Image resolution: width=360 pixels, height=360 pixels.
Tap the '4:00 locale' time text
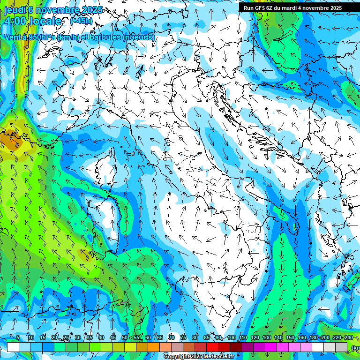(32, 21)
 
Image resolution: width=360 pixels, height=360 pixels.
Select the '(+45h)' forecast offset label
(82, 21)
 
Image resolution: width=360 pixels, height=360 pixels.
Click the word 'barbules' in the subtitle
(105, 37)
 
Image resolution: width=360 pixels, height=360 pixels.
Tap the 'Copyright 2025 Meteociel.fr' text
(199, 357)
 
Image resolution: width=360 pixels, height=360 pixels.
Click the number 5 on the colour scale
(18, 337)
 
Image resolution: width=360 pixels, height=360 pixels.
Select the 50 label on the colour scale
(124, 337)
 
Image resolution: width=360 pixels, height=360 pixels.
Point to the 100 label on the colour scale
(231, 337)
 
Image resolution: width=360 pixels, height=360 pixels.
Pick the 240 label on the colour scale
(348, 337)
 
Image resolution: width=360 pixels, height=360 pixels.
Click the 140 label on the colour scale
(278, 337)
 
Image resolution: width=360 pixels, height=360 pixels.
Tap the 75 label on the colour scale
(183, 337)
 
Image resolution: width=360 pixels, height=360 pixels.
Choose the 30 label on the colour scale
(77, 337)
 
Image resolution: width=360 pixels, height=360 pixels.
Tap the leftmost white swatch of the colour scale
(13, 347)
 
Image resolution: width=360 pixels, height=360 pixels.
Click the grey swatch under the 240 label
(341, 347)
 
